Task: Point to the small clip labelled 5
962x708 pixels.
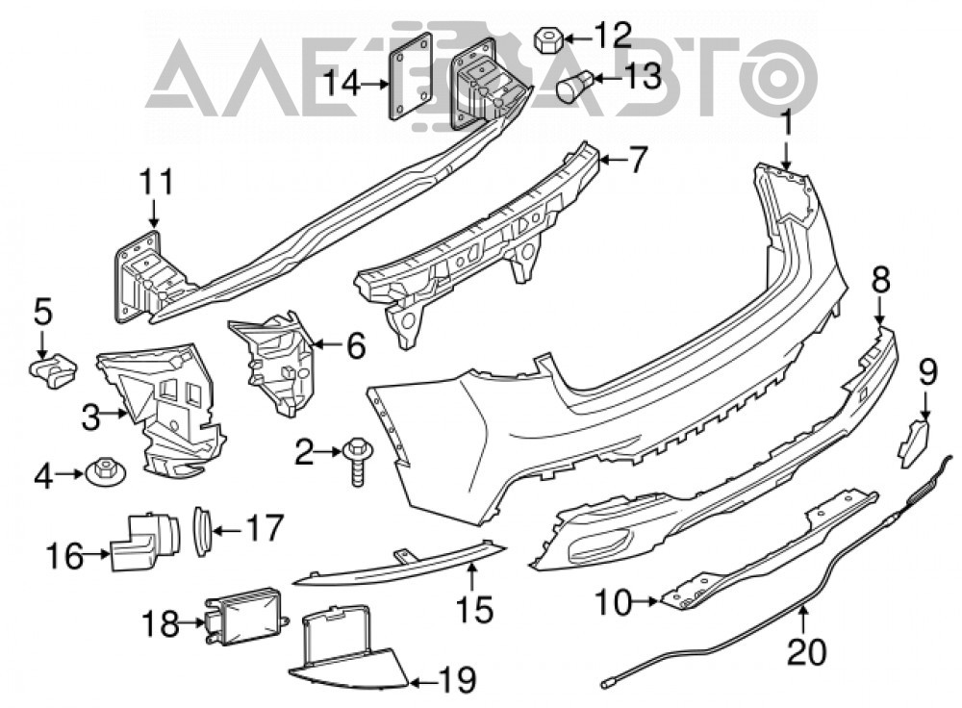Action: [54, 370]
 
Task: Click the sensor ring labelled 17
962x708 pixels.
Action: [202, 531]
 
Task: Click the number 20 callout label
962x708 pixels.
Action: [806, 651]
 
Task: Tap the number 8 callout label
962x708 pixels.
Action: [880, 281]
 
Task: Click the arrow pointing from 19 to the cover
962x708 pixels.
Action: [423, 680]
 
